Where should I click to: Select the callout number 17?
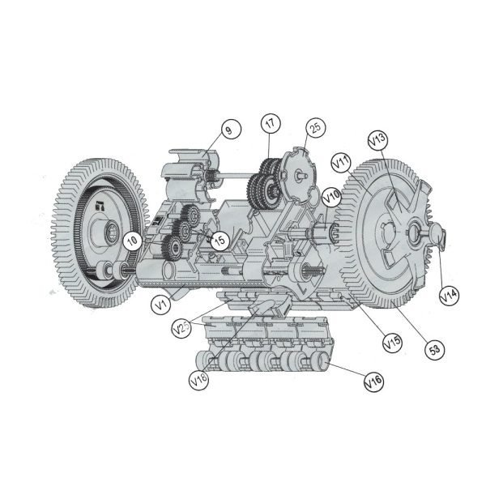tap(270, 123)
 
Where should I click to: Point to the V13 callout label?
tap(377, 141)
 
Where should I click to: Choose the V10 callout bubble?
tap(331, 196)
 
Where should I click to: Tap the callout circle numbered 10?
tap(131, 240)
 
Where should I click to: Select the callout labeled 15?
tap(219, 239)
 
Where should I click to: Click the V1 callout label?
tap(161, 305)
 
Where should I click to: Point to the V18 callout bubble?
tap(198, 378)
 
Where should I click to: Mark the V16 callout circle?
tap(373, 378)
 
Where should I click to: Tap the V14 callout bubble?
tap(448, 296)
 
